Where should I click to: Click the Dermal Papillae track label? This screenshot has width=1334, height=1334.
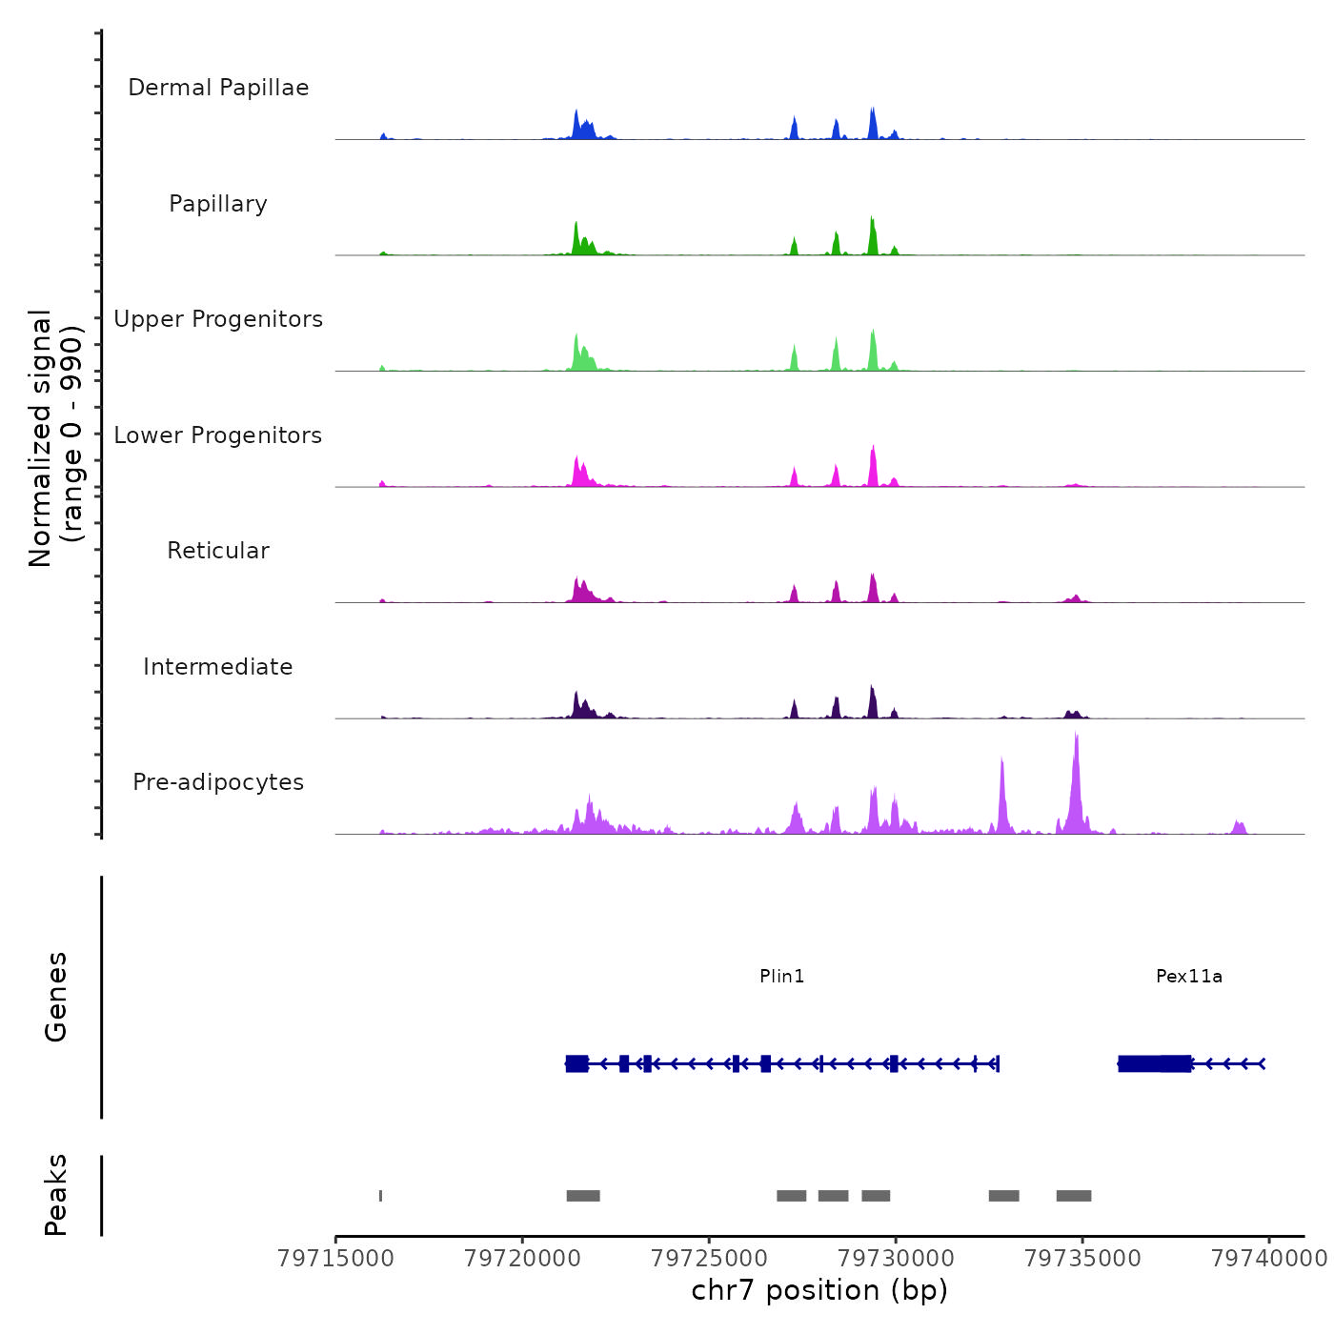tap(218, 88)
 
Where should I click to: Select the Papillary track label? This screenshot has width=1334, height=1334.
tap(218, 204)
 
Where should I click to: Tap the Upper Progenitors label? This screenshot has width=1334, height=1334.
tap(218, 319)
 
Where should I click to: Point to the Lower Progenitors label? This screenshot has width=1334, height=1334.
tap(218, 435)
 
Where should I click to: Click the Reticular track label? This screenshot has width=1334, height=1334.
tap(218, 551)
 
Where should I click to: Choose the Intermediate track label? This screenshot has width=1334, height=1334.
tap(218, 667)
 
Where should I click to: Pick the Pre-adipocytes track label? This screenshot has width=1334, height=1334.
tap(218, 782)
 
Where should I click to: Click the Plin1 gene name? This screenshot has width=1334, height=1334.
tap(782, 976)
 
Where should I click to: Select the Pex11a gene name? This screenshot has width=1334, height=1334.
tap(1189, 976)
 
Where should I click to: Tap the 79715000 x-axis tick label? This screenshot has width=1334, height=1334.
tap(335, 1259)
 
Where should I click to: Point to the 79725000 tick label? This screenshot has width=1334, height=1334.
tap(709, 1259)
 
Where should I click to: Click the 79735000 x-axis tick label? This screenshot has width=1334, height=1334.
tap(1082, 1259)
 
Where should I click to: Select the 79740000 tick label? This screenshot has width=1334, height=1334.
tap(1269, 1259)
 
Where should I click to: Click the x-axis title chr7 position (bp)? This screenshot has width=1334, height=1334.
tap(819, 1290)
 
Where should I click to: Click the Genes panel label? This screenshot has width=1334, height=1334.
tap(56, 997)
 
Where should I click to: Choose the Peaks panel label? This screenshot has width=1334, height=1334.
tap(56, 1195)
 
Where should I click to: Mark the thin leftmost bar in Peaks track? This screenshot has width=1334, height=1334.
tap(381, 1196)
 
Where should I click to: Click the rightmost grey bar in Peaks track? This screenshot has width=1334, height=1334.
tap(1074, 1196)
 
